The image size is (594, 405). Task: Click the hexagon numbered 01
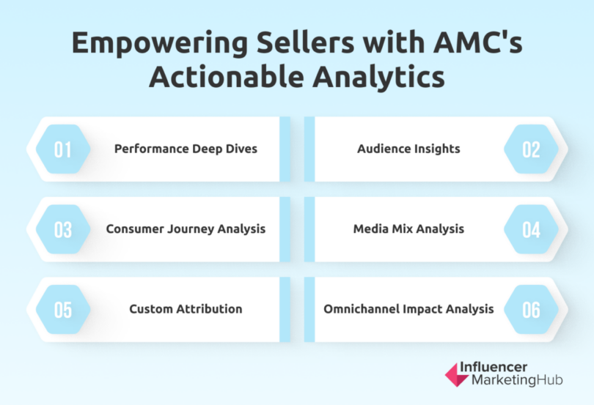point(63,149)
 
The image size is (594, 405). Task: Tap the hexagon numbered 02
point(531,149)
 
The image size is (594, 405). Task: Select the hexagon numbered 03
point(63,229)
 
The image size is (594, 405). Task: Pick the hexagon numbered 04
point(531,229)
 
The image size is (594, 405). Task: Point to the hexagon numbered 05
point(63,309)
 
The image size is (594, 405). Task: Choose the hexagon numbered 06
point(531,309)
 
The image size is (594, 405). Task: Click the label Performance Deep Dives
point(186,149)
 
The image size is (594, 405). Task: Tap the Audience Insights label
point(408,149)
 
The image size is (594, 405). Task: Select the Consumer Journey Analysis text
point(186,228)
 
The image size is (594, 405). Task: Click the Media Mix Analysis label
point(408,228)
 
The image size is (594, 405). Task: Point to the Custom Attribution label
point(186,308)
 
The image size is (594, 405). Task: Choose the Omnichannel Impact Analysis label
point(408,308)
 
